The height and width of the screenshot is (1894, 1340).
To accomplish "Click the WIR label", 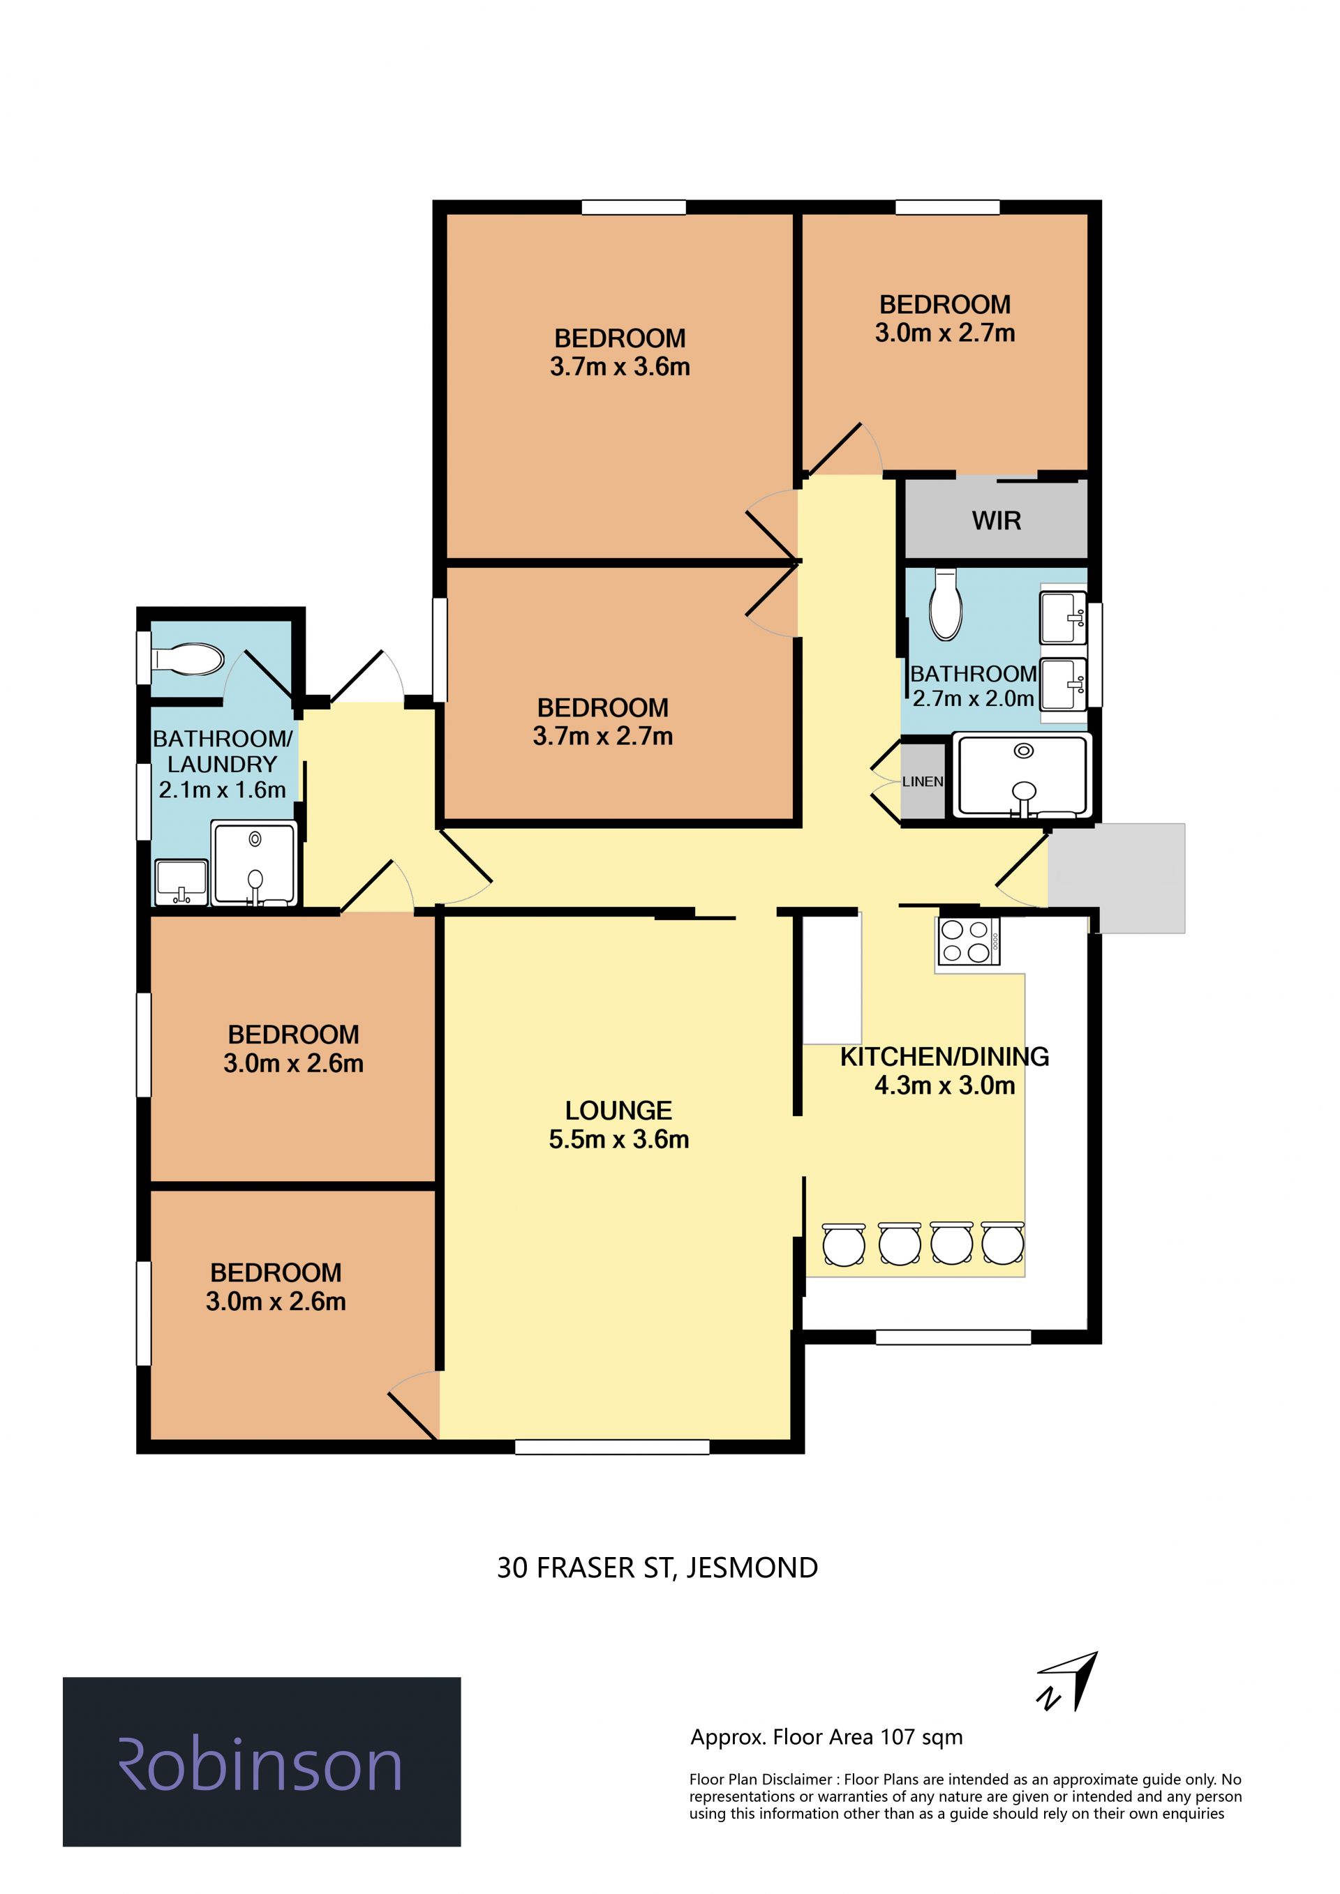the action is [x=996, y=520].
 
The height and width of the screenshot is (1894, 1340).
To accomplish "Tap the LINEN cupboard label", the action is [x=922, y=781].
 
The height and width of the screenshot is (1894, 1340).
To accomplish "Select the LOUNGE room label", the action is [x=618, y=1111].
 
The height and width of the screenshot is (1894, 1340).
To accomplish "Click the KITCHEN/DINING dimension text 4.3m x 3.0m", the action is [x=945, y=1085].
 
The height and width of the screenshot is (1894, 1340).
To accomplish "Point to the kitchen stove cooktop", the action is [x=969, y=941].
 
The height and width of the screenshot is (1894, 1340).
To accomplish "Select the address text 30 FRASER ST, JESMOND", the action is [x=657, y=1568].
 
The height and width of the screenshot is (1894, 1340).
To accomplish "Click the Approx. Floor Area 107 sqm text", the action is [x=827, y=1737].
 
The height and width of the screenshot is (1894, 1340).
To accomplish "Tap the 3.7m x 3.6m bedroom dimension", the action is [x=620, y=367].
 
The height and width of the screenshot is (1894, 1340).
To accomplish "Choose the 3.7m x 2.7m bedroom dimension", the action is [x=602, y=736].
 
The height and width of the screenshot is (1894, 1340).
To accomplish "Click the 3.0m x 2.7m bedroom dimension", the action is [x=945, y=333].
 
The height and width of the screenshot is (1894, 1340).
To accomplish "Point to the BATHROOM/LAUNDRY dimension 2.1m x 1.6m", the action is [x=222, y=790].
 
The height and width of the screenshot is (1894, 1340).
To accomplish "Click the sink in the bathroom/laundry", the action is [x=181, y=881].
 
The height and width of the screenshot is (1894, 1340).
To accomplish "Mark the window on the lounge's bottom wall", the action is [x=611, y=1446].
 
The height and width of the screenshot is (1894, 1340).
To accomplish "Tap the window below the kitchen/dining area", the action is [x=953, y=1337].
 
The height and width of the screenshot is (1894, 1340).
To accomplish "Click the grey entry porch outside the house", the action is [x=1117, y=878].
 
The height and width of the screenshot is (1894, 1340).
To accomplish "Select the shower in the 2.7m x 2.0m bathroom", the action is [x=1022, y=776].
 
